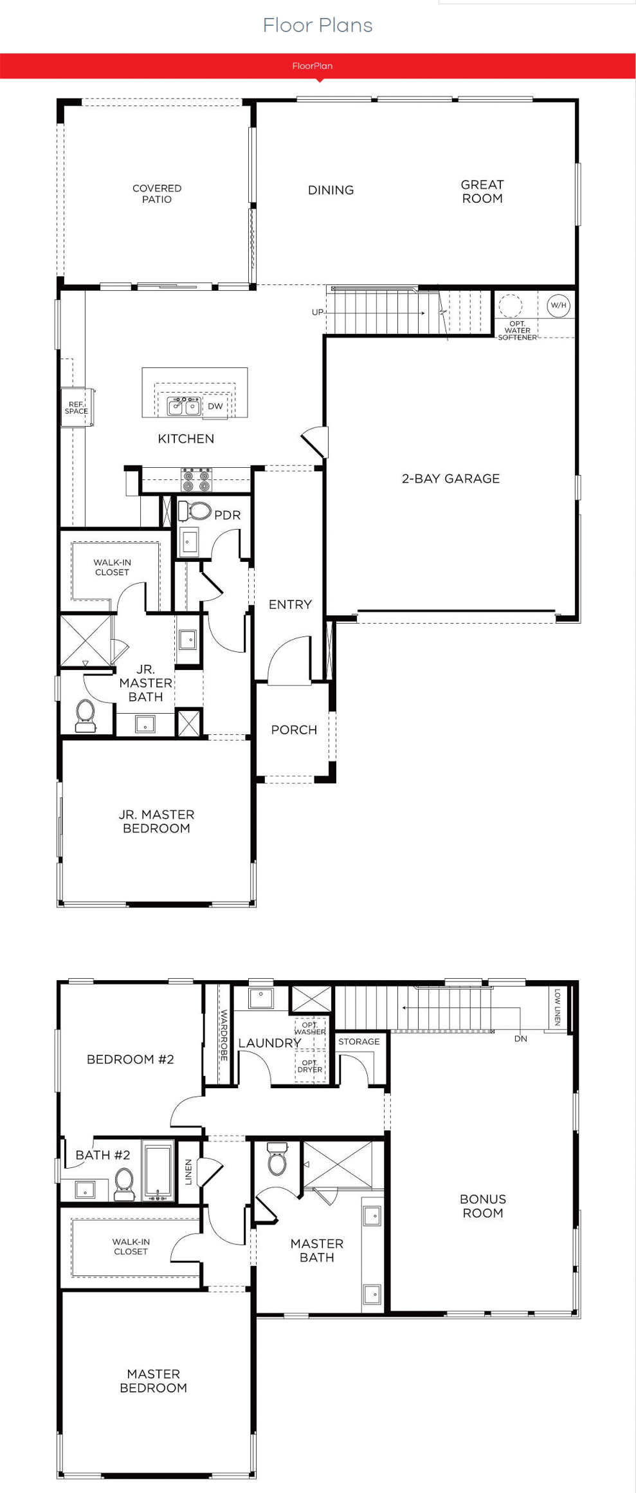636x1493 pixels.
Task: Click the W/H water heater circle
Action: click(x=558, y=305)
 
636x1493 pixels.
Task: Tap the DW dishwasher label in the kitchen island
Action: click(x=215, y=406)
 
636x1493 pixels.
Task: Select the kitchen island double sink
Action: click(x=185, y=406)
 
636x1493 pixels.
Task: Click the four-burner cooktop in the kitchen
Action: click(x=196, y=480)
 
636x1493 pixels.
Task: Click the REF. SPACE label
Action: click(x=76, y=407)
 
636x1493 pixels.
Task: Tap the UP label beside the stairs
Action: click(x=318, y=312)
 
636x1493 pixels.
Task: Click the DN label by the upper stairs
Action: click(x=520, y=1039)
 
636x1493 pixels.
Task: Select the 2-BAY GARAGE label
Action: click(x=451, y=478)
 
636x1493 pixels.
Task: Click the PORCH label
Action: click(x=294, y=730)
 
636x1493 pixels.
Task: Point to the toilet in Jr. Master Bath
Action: click(x=86, y=716)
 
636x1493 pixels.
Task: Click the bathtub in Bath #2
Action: click(x=158, y=1171)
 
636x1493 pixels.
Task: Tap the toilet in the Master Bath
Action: click(x=277, y=1158)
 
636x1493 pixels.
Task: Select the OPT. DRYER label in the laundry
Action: click(x=310, y=1066)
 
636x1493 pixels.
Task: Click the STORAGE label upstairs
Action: click(x=359, y=1041)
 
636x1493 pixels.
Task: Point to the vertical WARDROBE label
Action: click(x=224, y=1035)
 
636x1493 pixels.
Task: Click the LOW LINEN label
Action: click(x=558, y=1007)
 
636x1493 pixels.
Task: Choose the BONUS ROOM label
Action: click(x=483, y=1206)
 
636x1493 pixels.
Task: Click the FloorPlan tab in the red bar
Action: click(x=313, y=66)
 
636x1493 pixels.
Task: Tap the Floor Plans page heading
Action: click(x=318, y=25)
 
